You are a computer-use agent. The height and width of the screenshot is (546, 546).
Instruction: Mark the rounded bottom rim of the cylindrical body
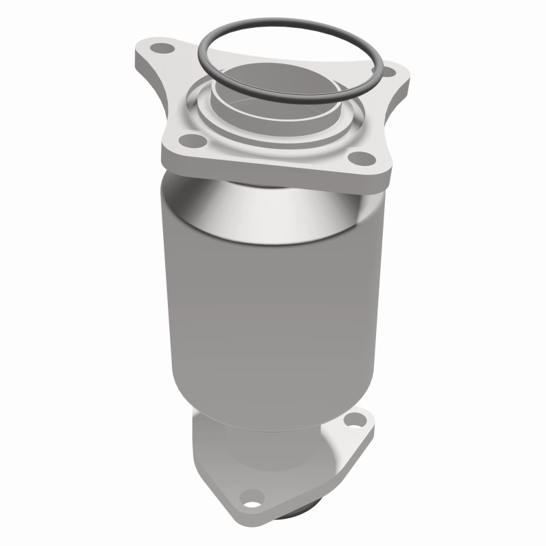[x=273, y=425]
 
